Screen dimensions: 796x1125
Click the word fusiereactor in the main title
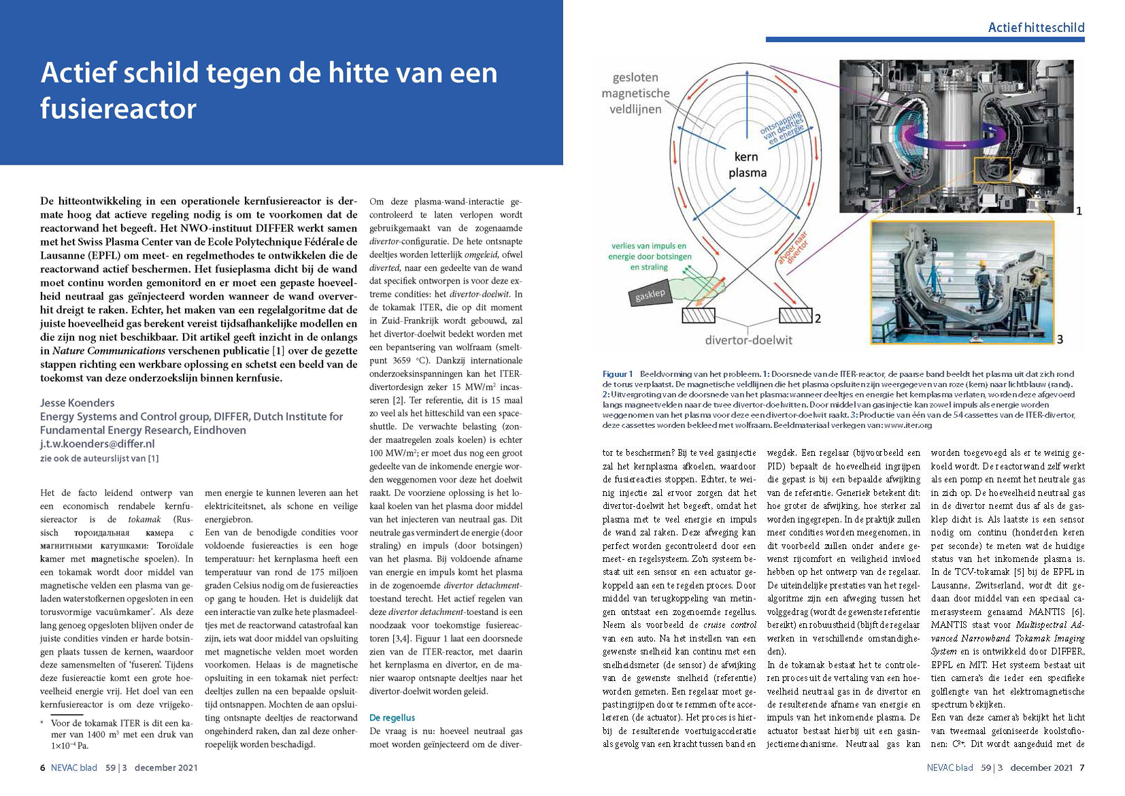click(118, 109)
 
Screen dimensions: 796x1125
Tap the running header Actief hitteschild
click(1036, 27)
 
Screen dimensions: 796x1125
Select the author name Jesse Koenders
click(77, 403)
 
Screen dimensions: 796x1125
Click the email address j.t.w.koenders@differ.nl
click(97, 444)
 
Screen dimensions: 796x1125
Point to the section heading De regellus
click(392, 717)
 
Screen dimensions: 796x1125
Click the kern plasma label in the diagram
click(747, 165)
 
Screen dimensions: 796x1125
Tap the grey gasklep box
click(650, 295)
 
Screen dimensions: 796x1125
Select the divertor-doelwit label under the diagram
click(748, 339)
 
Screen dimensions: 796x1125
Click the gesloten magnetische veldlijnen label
click(635, 93)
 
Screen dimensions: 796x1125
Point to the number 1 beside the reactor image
click(1079, 211)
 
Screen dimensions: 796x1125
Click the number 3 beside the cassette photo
click(1060, 339)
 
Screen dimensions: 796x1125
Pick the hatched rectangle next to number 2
click(795, 316)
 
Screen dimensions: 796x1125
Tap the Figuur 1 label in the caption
click(618, 374)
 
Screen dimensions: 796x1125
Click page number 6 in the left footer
click(43, 767)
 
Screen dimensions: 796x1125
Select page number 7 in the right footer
click(1081, 767)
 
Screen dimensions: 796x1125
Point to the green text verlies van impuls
click(649, 246)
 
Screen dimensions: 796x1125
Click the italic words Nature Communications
click(109, 351)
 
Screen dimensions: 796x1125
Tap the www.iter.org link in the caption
click(908, 425)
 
